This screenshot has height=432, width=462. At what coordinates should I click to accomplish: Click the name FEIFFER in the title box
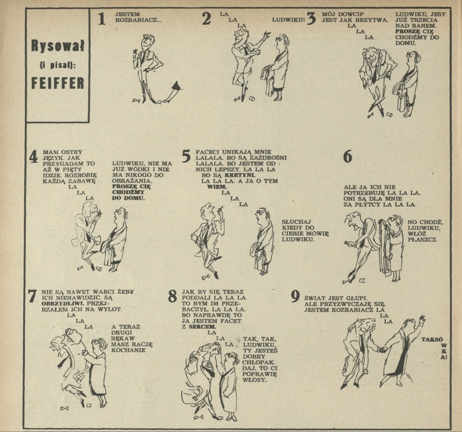[58, 83]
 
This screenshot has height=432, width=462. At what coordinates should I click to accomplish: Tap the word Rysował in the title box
[58, 46]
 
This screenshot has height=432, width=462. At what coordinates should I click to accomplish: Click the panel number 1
[101, 18]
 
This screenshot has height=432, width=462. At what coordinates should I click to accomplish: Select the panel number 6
[348, 156]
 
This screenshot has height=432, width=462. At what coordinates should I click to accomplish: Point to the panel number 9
[295, 296]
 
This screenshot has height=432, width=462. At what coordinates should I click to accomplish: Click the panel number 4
[33, 156]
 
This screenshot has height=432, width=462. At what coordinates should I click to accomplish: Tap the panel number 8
[172, 296]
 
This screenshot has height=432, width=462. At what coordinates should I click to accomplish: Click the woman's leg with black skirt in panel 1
[172, 92]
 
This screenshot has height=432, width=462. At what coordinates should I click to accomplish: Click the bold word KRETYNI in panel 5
[236, 175]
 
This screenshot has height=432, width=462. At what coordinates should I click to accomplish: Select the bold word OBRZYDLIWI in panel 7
[63, 303]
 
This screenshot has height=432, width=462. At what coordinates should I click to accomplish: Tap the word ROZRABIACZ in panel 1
[138, 20]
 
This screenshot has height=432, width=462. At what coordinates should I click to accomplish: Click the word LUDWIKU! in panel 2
[288, 20]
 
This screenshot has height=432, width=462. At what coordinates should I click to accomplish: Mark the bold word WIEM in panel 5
[216, 187]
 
